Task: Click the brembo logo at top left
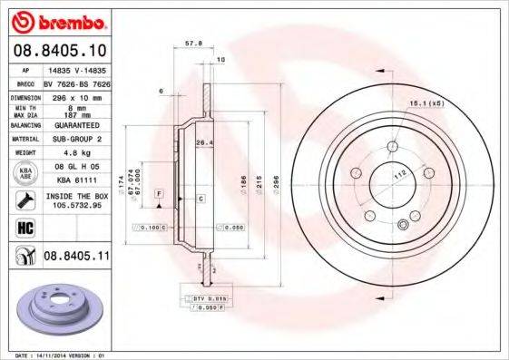pyautogui.click(x=59, y=20)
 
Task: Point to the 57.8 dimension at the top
pyautogui.click(x=192, y=43)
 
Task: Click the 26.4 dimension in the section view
pyautogui.click(x=204, y=141)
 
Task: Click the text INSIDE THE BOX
pyautogui.click(x=77, y=195)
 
